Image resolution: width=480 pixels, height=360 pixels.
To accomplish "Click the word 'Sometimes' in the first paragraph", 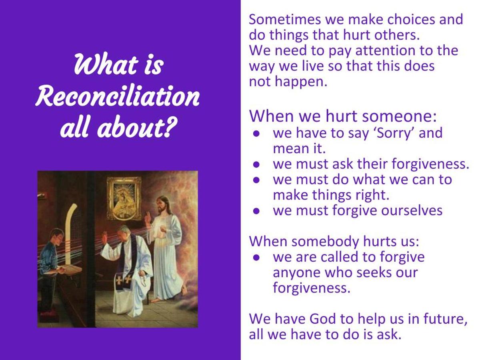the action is pos(285,19).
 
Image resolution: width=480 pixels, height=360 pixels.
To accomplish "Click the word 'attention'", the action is pos(385,50).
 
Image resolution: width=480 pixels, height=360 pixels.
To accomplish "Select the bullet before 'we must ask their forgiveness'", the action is pos(256,164).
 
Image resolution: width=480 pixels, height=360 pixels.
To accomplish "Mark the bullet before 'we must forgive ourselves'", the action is pos(256,211).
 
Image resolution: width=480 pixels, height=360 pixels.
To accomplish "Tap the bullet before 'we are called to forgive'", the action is pos(256,258).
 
